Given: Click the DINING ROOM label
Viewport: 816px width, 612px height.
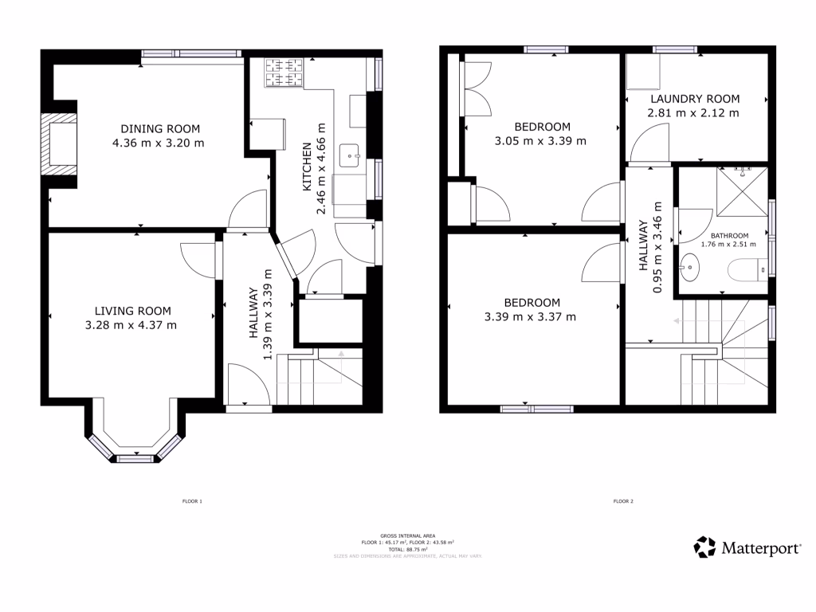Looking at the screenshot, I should pyautogui.click(x=160, y=128).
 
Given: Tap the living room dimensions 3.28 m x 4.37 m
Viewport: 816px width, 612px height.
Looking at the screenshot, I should pyautogui.click(x=131, y=325).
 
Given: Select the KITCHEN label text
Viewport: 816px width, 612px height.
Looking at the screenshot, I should pyautogui.click(x=306, y=168).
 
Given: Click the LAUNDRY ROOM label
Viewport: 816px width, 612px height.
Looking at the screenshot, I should pyautogui.click(x=695, y=99).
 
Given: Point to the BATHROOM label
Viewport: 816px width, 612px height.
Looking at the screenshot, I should pyautogui.click(x=729, y=236).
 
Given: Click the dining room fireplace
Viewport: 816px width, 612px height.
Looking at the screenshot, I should pyautogui.click(x=61, y=144).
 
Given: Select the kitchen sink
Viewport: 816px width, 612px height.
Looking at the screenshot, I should pyautogui.click(x=350, y=156).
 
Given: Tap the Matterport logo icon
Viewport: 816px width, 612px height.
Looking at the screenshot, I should pyautogui.click(x=704, y=547).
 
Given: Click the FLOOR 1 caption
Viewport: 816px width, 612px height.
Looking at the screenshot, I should pyautogui.click(x=193, y=502).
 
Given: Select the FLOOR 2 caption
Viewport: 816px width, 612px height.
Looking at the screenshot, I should pyautogui.click(x=623, y=502).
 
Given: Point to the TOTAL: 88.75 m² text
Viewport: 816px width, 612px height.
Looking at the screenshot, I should pyautogui.click(x=408, y=549).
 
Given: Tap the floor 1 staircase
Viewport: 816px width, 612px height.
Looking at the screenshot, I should pyautogui.click(x=319, y=379).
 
